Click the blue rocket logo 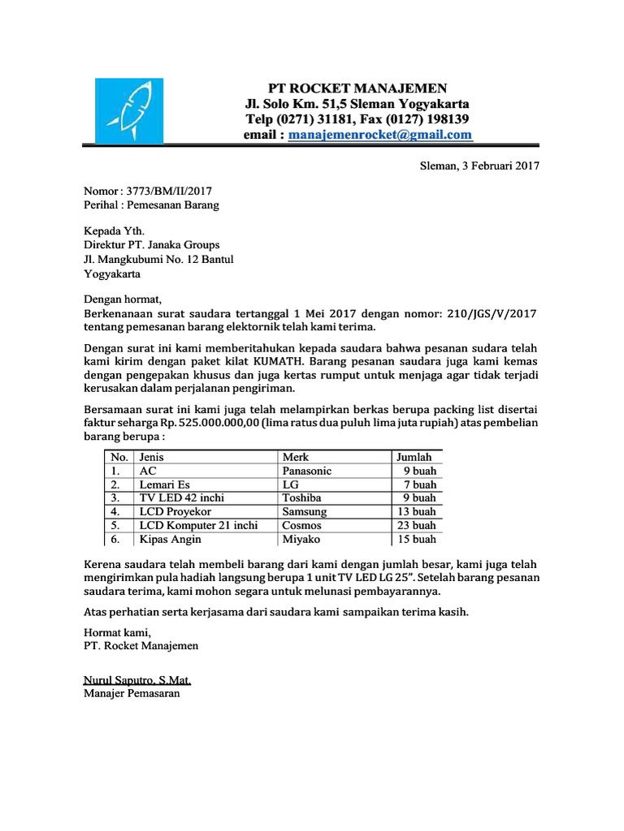pyautogui.click(x=129, y=111)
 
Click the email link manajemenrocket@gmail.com pyautogui.click(x=379, y=135)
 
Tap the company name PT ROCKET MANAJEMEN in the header pyautogui.click(x=357, y=88)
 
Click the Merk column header pyautogui.click(x=296, y=457)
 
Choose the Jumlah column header pyautogui.click(x=414, y=457)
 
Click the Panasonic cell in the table pyautogui.click(x=307, y=471)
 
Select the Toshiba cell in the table pyautogui.click(x=301, y=497)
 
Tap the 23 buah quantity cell pyautogui.click(x=418, y=525)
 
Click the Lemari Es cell pyautogui.click(x=164, y=484)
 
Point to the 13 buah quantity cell pyautogui.click(x=418, y=511)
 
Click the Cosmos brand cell pyautogui.click(x=301, y=525)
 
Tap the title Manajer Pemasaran pyautogui.click(x=131, y=694)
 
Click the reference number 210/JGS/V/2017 pyautogui.click(x=490, y=313)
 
